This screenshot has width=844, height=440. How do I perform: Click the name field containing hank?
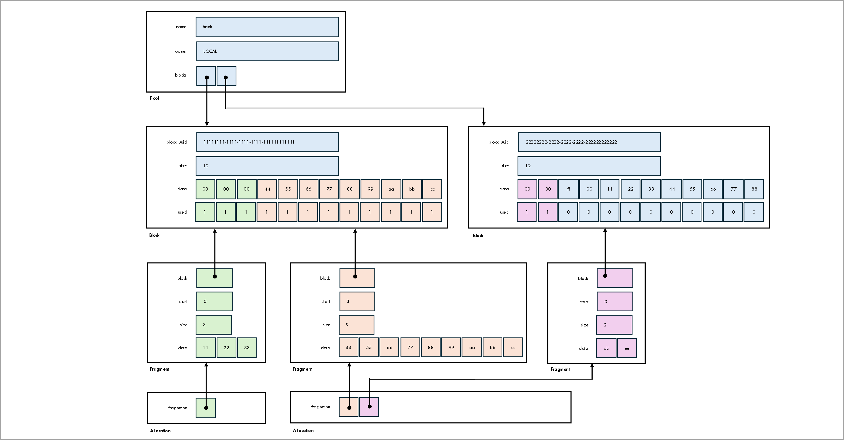(267, 27)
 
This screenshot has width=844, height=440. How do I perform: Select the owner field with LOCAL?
(267, 51)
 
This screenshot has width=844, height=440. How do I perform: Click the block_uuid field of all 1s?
(267, 142)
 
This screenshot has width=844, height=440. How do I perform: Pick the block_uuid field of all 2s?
(589, 142)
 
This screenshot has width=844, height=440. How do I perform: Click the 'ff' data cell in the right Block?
(568, 189)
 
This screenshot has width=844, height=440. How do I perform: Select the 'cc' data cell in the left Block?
(432, 189)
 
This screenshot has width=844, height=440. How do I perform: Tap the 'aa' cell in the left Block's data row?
(391, 189)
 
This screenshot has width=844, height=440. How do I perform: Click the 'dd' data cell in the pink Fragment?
(606, 348)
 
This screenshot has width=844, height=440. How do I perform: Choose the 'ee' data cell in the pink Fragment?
(627, 348)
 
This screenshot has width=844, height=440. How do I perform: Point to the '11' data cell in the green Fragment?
(205, 348)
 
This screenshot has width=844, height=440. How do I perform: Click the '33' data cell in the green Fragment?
(247, 348)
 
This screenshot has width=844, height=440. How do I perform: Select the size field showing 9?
(357, 325)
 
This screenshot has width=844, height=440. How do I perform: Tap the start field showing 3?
(357, 301)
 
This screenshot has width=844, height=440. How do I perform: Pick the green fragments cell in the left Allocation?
(206, 408)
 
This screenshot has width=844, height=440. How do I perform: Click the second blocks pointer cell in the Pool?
(226, 76)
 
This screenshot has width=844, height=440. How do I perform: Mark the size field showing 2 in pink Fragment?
(614, 325)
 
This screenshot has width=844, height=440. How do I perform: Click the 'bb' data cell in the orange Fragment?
(492, 348)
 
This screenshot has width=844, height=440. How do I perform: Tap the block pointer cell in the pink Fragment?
(615, 278)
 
